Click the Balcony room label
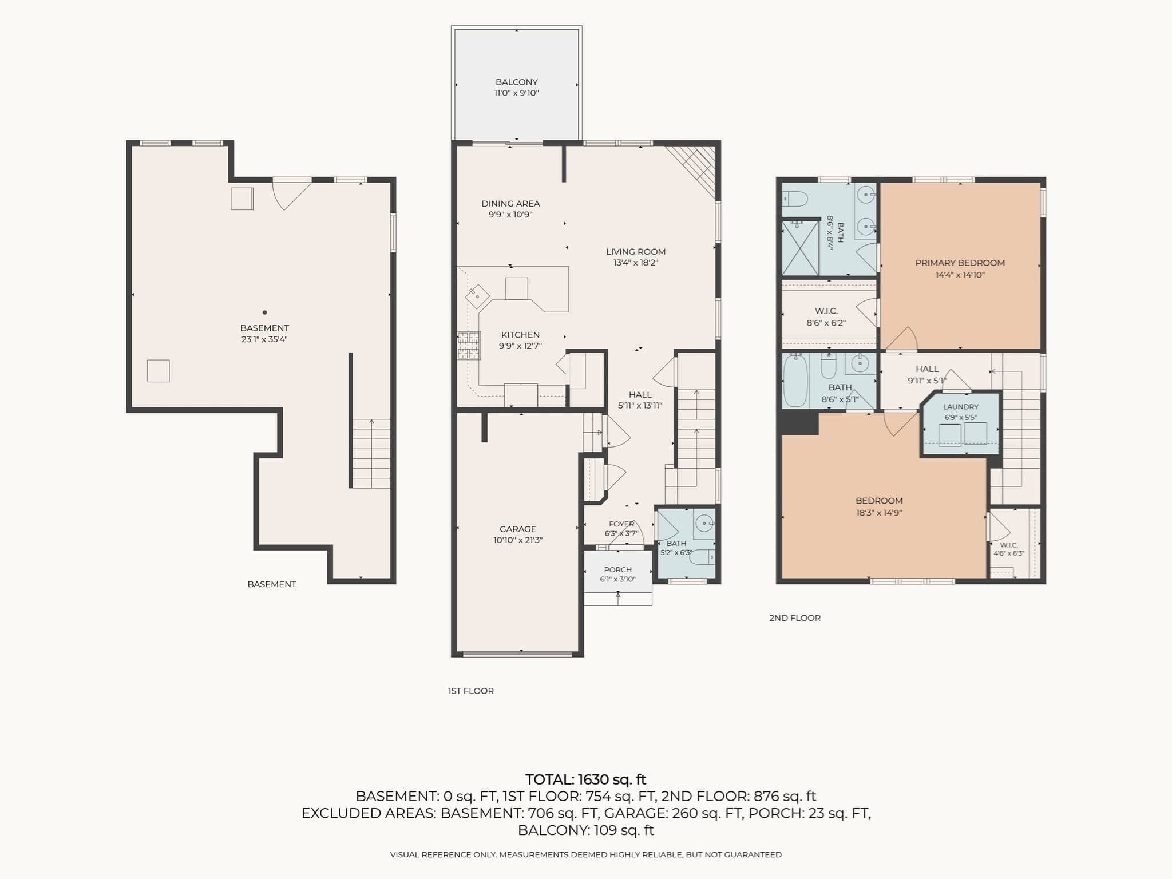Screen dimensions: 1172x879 coord(516,82)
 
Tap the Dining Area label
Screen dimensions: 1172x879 coord(510,203)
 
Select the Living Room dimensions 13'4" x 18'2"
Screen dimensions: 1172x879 coord(636,263)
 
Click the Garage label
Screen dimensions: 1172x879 coord(518,529)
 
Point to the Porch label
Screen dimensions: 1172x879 coord(618,569)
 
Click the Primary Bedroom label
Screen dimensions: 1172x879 coord(960,263)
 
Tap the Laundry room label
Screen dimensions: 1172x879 coord(961,407)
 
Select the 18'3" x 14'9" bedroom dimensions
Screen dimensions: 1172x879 coord(879,513)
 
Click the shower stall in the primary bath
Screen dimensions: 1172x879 coord(800,248)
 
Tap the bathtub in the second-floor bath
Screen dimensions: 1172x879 coord(795,380)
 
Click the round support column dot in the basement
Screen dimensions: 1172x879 coord(264,312)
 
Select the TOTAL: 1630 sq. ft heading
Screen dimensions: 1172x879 coord(585,779)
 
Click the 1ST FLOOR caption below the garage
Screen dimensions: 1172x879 coord(470,691)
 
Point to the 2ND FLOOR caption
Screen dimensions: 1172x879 coord(795,617)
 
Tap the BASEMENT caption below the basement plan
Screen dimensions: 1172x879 coord(272,584)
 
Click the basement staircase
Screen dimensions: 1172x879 coord(371,453)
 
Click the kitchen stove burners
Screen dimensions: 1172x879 coord(468,346)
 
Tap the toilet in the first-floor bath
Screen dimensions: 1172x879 coord(702,556)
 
